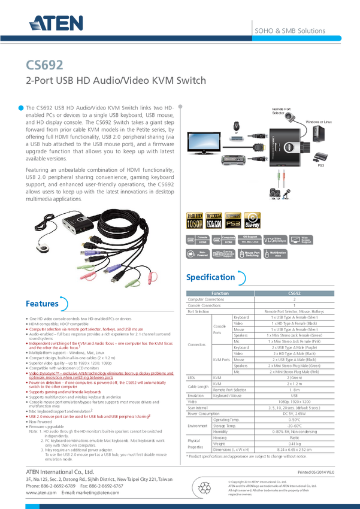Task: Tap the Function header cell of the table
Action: point(220,293)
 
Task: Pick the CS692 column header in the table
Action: point(295,293)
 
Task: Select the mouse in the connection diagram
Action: point(237,126)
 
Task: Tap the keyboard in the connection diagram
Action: point(234,162)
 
